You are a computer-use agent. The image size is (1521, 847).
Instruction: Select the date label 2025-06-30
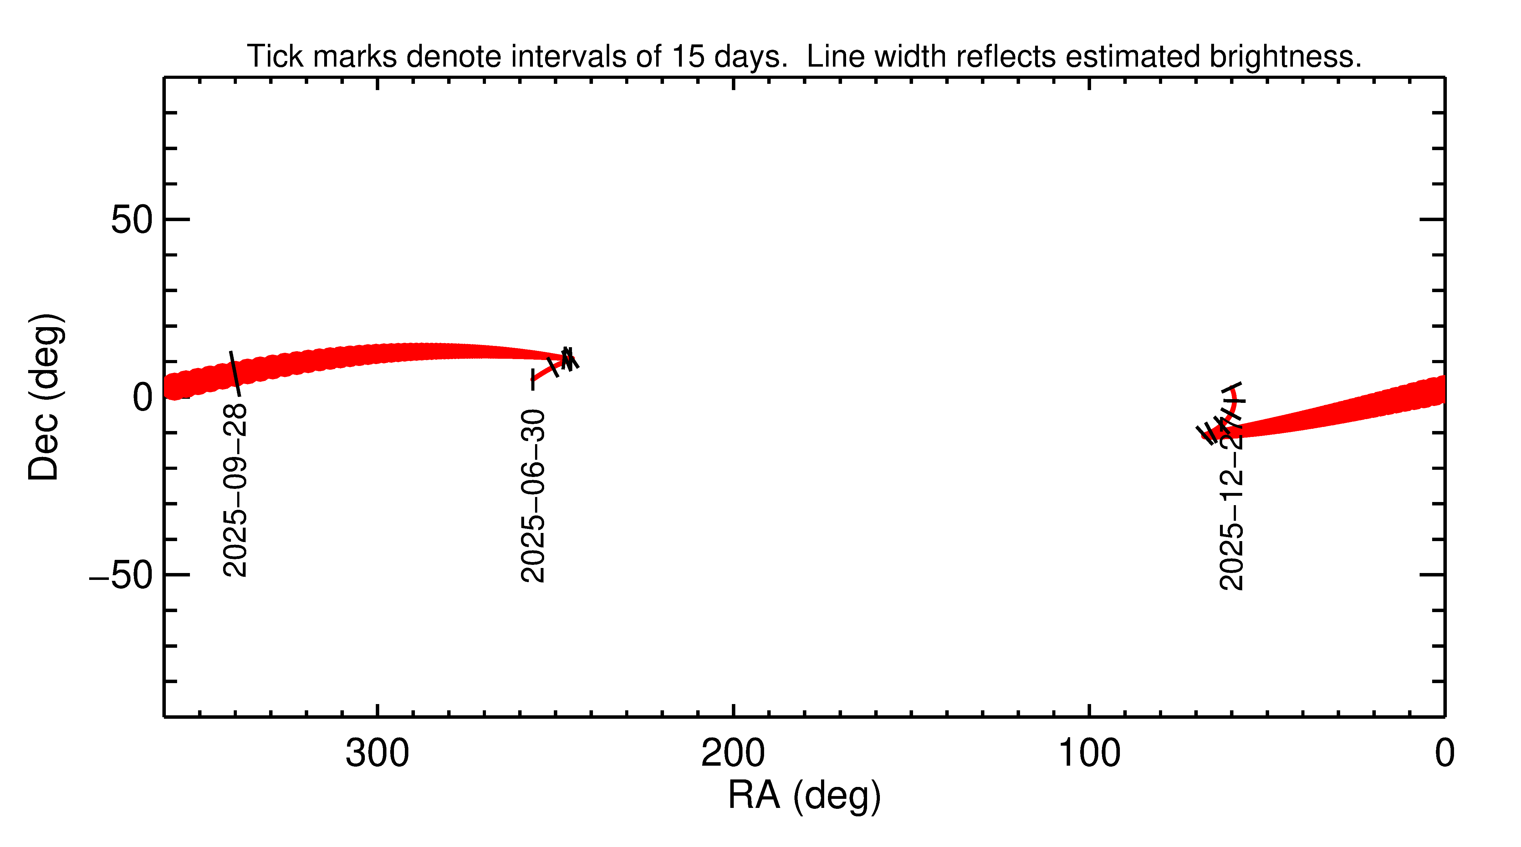(533, 496)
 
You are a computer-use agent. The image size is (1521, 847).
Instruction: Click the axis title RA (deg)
(804, 796)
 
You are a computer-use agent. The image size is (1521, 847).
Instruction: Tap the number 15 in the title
(688, 57)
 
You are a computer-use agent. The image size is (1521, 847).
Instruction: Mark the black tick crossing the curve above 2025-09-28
(235, 373)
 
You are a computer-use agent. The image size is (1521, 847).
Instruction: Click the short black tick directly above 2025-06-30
(533, 379)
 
